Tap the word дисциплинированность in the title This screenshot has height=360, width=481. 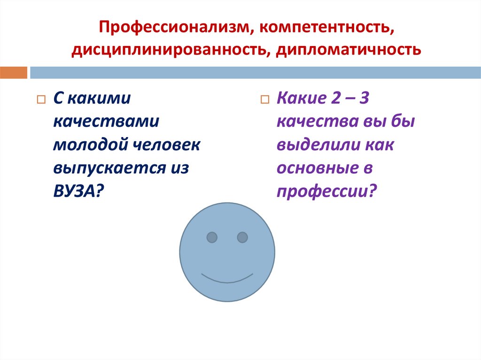(168, 49)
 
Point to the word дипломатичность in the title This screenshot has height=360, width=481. (347, 49)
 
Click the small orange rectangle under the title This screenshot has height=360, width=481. (14, 73)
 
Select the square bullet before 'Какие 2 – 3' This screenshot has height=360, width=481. (264, 100)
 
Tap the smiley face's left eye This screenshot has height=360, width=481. (212, 237)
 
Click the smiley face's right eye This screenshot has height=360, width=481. (242, 237)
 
